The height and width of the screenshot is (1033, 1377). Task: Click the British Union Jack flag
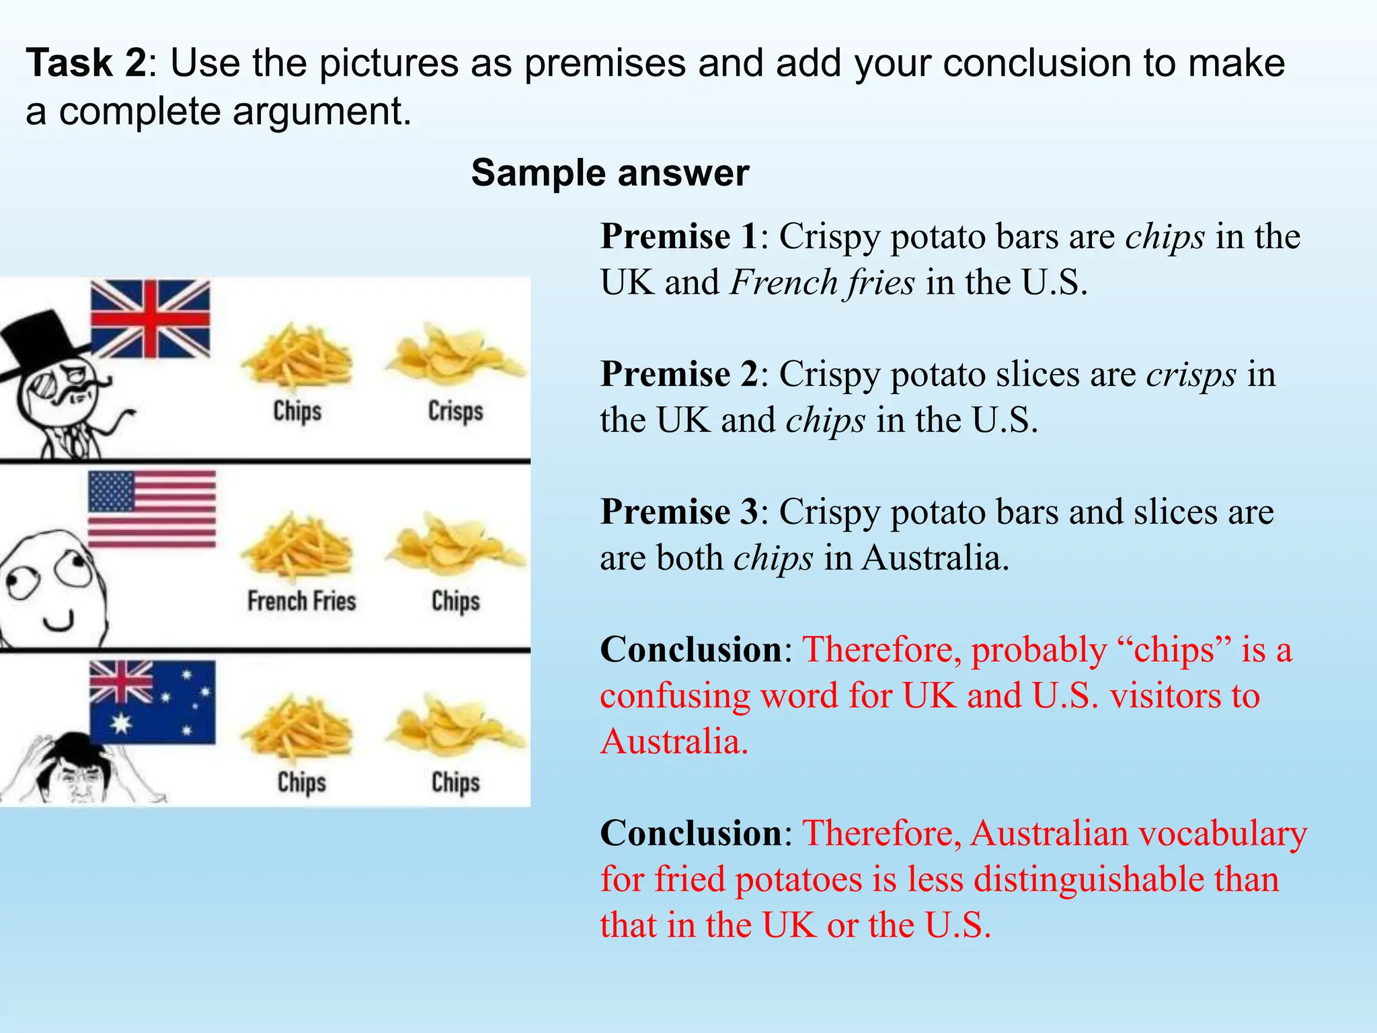pyautogui.click(x=150, y=319)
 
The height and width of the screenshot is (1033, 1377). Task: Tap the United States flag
pyautogui.click(x=152, y=510)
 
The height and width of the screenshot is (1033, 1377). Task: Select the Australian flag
pyautogui.click(x=153, y=702)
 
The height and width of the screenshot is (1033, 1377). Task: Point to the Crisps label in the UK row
pyautogui.click(x=455, y=411)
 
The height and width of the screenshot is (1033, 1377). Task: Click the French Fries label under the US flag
pyautogui.click(x=301, y=601)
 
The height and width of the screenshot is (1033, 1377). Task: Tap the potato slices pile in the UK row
pyautogui.click(x=454, y=354)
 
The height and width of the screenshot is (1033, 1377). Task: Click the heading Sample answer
pyautogui.click(x=610, y=173)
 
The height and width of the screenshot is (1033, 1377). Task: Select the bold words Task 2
pyautogui.click(x=86, y=63)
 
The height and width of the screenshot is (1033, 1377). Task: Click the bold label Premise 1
pyautogui.click(x=679, y=237)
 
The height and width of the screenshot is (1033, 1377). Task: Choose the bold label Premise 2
pyautogui.click(x=679, y=375)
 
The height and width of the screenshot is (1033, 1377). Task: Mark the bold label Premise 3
pyautogui.click(x=679, y=512)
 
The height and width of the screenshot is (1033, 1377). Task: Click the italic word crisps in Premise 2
pyautogui.click(x=1191, y=375)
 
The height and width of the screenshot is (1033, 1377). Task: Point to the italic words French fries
pyautogui.click(x=822, y=282)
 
